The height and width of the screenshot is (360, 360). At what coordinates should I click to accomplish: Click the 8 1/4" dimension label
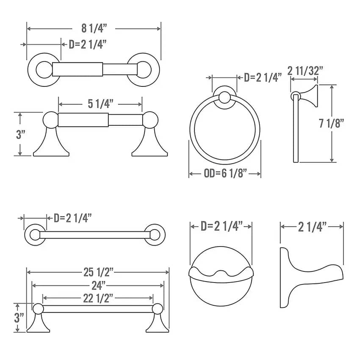coord(94,28)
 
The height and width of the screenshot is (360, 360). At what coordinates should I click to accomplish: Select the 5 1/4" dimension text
coord(100,104)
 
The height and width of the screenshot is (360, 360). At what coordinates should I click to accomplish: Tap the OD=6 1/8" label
coord(225,173)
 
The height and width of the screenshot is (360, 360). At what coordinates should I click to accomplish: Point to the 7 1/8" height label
coord(332,123)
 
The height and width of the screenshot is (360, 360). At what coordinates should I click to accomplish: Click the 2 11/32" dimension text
coord(305,71)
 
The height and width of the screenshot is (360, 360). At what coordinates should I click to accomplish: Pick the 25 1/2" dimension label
coord(98,272)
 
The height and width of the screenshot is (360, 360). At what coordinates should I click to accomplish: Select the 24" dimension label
coord(99,285)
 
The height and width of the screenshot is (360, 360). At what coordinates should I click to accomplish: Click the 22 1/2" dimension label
coord(98,299)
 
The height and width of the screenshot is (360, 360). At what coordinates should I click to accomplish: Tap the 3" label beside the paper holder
coord(20,134)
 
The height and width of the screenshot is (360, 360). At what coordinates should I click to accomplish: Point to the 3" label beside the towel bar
coord(19,318)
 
